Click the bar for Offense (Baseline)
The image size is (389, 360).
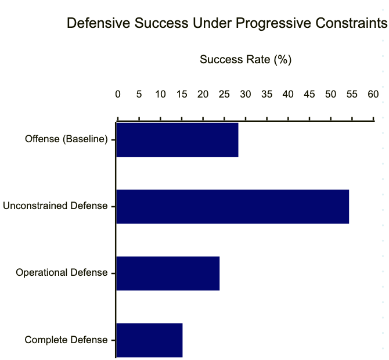pyautogui.click(x=177, y=140)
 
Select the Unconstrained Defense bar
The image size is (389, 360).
pyautogui.click(x=232, y=206)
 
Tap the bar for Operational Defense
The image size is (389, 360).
pyautogui.click(x=168, y=273)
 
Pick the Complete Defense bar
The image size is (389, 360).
pyautogui.click(x=149, y=340)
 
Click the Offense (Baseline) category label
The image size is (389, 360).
pyautogui.click(x=66, y=139)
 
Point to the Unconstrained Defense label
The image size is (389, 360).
pyautogui.click(x=55, y=206)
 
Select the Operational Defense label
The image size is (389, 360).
pyautogui.click(x=62, y=273)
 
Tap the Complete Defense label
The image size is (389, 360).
pyautogui.click(x=66, y=340)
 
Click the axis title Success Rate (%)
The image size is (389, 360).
pyautogui.click(x=245, y=59)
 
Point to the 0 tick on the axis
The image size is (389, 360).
pyautogui.click(x=118, y=94)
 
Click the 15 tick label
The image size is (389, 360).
pyautogui.click(x=181, y=94)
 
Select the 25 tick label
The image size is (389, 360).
pyautogui.click(x=224, y=94)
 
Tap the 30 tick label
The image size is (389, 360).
pyautogui.click(x=245, y=94)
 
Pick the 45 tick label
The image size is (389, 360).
pyautogui.click(x=309, y=94)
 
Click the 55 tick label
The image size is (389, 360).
pyautogui.click(x=352, y=94)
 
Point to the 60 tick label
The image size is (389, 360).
pyautogui.click(x=373, y=94)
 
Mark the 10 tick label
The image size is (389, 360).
pyautogui.click(x=160, y=94)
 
